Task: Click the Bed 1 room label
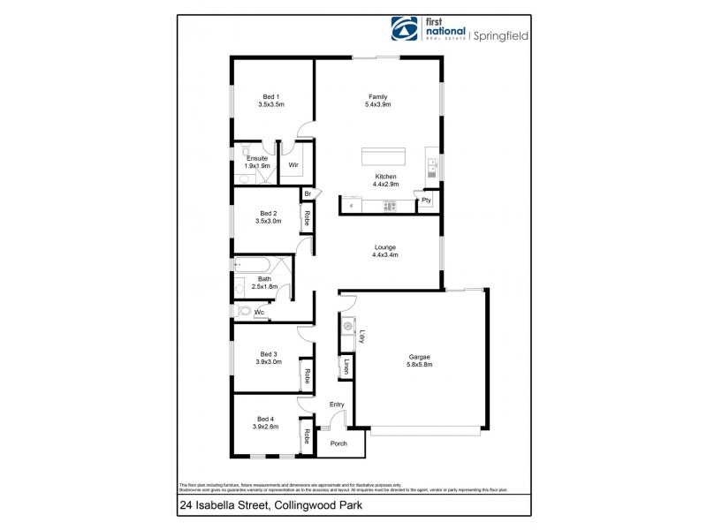coord(270,96)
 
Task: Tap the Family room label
coord(378,96)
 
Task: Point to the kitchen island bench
coord(384,156)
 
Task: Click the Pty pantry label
coord(426,201)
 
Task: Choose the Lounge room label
coord(385,247)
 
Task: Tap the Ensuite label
coord(257,158)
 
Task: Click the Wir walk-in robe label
coord(293,165)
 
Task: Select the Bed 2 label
coord(269,213)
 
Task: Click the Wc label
coord(260,312)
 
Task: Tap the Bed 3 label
coord(269,353)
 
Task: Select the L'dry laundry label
coord(362,336)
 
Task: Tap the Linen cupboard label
coord(346,367)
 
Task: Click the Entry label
coord(337,405)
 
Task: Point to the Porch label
coord(339,443)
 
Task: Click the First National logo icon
coord(405,27)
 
